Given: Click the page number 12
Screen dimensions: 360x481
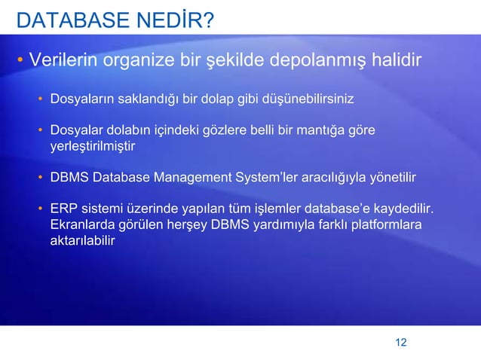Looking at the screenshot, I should (400, 343).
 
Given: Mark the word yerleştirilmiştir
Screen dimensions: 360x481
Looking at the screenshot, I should (93, 146).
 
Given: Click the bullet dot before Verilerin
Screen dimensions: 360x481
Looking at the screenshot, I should (20, 59).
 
